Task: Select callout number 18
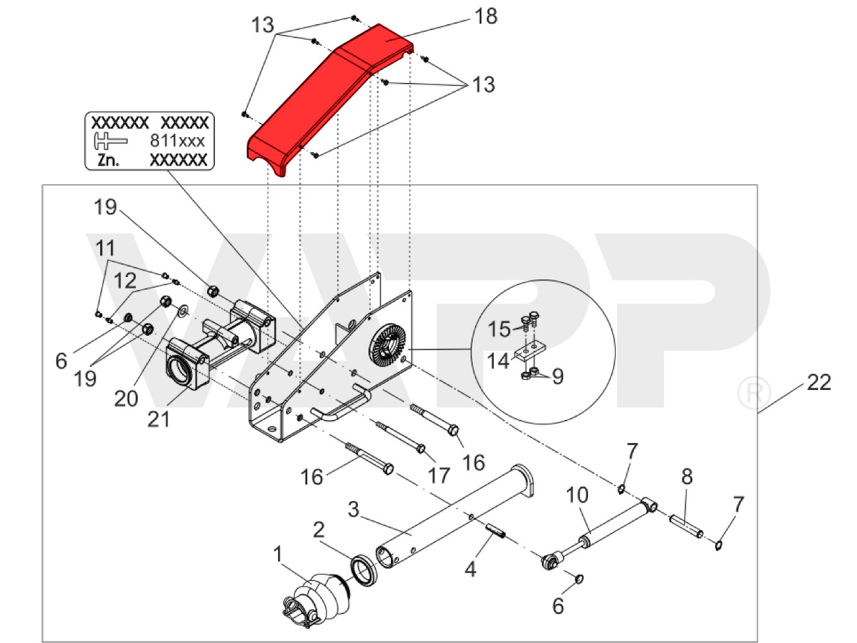point(486,16)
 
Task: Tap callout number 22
point(819,383)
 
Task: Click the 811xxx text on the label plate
point(177,140)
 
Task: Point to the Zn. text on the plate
point(108,160)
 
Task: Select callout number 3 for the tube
point(354,510)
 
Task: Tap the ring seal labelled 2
point(364,568)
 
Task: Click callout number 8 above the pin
point(686,477)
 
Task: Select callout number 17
point(438,474)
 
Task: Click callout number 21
point(158,417)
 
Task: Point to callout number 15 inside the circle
point(499,328)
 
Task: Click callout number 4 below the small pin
point(469,568)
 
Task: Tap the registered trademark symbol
point(749,394)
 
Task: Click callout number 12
point(126,281)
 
